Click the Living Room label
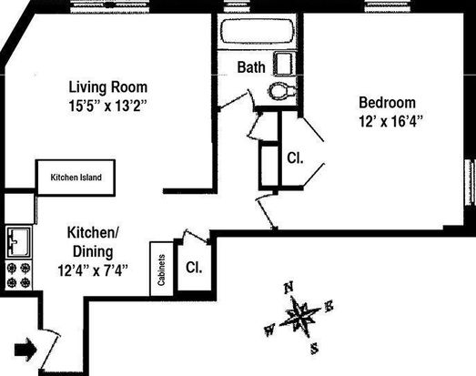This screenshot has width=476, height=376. pyautogui.click(x=108, y=87)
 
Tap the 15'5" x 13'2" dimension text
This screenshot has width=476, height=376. pyautogui.click(x=107, y=106)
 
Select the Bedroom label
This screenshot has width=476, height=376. pyautogui.click(x=388, y=103)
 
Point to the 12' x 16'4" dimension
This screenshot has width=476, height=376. pyautogui.click(x=391, y=122)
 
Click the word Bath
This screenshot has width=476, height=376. pyautogui.click(x=251, y=67)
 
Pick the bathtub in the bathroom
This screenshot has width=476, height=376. pyautogui.click(x=258, y=32)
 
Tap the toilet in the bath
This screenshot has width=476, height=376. pyautogui.click(x=282, y=90)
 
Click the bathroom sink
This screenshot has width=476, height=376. pyautogui.click(x=285, y=64)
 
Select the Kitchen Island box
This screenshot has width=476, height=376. pyautogui.click(x=76, y=178)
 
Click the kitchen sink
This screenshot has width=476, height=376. pyautogui.click(x=19, y=242)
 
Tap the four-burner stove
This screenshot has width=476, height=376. pyautogui.click(x=19, y=276)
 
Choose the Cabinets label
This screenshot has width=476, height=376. pyautogui.click(x=161, y=270)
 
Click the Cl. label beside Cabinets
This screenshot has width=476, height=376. pyautogui.click(x=194, y=268)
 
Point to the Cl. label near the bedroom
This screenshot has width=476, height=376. pyautogui.click(x=295, y=158)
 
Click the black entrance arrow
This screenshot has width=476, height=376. pyautogui.click(x=25, y=350)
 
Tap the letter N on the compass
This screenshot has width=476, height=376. pyautogui.click(x=289, y=288)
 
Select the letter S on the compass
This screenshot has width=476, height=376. pyautogui.click(x=315, y=348)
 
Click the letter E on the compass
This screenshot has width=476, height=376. pyautogui.click(x=329, y=306)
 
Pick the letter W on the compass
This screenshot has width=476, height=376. pyautogui.click(x=270, y=330)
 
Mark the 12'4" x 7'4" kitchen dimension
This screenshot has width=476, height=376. pyautogui.click(x=93, y=270)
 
